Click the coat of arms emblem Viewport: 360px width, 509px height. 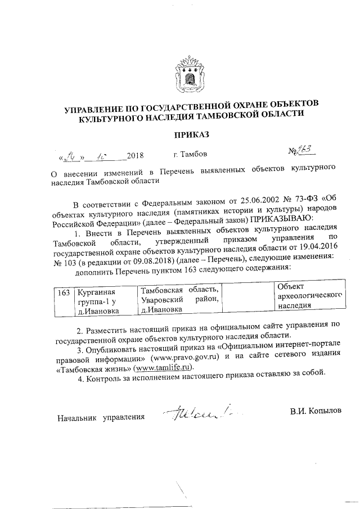[188, 72]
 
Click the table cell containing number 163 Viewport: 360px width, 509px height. [64, 292]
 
